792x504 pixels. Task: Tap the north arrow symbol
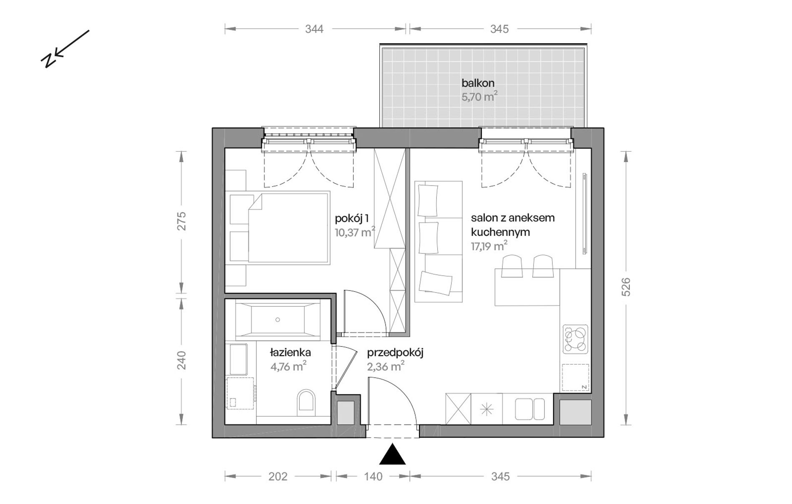(65, 49)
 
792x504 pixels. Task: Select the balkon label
(478, 83)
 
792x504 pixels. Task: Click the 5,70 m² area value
(479, 97)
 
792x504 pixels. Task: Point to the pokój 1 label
(352, 218)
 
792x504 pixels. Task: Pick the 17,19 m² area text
(489, 246)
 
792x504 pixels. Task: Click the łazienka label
(290, 352)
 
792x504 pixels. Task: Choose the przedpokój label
(395, 353)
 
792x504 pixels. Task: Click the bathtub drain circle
(278, 320)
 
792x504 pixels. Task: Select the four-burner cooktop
(575, 339)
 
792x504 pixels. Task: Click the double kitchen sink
(529, 409)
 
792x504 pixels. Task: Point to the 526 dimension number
(626, 287)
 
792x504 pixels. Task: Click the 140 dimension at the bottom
(373, 476)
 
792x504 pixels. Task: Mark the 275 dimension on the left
(181, 221)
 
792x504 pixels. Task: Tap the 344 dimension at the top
(314, 29)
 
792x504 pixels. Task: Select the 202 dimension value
(278, 476)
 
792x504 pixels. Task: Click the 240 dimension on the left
(181, 361)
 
